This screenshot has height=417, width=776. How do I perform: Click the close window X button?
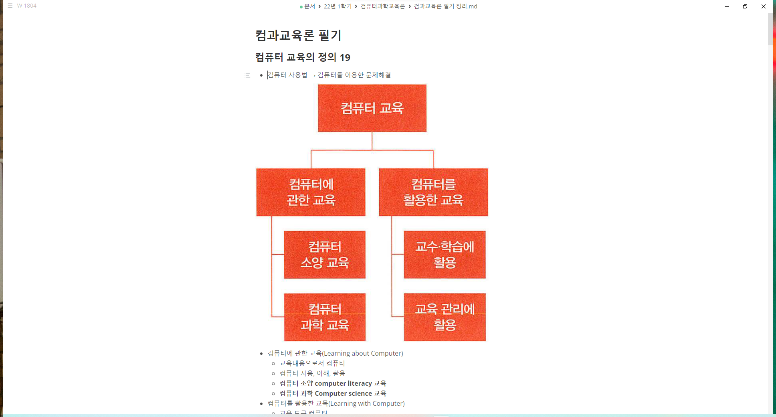point(763,6)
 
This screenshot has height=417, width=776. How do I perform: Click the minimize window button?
point(726,6)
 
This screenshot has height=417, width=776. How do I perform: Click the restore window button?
point(745,6)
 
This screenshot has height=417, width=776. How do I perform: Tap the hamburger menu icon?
point(10,6)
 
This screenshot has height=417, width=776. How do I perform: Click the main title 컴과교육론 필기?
point(298,36)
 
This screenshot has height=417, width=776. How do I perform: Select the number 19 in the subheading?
point(345,58)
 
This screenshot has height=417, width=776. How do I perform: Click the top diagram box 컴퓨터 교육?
point(372,108)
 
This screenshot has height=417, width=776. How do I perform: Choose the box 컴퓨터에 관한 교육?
point(311,192)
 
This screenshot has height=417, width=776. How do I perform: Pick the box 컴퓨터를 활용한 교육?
point(433,192)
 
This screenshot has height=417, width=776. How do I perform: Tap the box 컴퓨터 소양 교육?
point(325,255)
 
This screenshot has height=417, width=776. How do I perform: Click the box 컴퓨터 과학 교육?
point(325,317)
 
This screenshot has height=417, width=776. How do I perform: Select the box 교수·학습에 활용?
point(445,255)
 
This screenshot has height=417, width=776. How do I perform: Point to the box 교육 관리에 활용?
point(445,317)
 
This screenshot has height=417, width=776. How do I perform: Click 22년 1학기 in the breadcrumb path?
point(337,6)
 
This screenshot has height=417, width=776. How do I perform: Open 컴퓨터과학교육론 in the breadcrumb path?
point(382,6)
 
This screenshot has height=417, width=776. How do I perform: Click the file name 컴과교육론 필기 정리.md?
point(445,6)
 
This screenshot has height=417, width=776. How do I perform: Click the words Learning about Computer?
point(362,353)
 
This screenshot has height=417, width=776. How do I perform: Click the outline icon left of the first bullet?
point(247,75)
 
